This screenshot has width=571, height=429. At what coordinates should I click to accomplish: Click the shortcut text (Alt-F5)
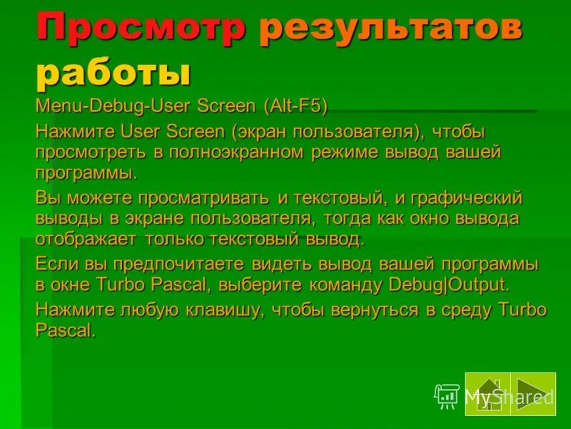click(x=295, y=107)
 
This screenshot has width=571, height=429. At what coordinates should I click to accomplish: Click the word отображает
click(x=86, y=239)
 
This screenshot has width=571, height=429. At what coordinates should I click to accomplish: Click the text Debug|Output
click(x=449, y=285)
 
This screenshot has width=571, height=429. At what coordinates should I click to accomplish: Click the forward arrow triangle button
click(x=533, y=394)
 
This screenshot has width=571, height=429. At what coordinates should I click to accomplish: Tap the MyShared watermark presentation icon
click(x=446, y=395)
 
